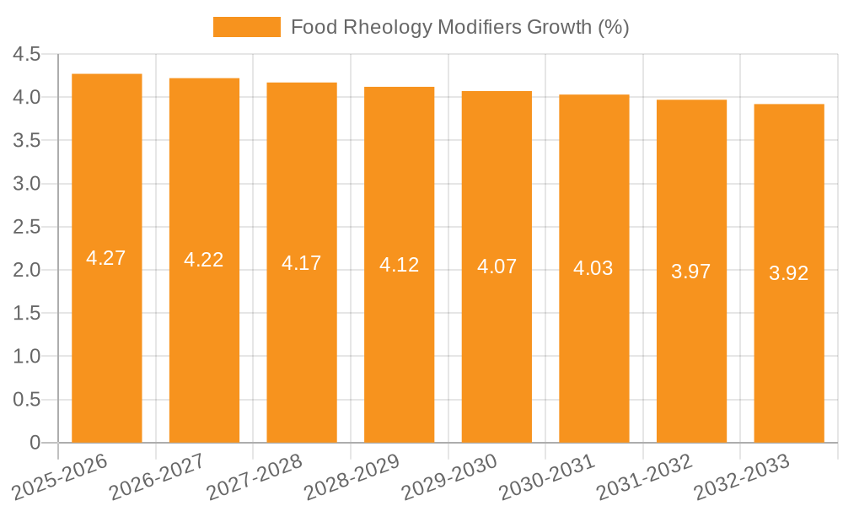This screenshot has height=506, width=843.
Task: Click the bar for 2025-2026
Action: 106,337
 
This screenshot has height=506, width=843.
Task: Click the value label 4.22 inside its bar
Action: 204,260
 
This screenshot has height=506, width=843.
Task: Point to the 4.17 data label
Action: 302,263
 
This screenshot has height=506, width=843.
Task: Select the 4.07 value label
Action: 497,267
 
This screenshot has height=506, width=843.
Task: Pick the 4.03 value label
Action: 593,269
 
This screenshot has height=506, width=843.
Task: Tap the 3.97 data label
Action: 691,272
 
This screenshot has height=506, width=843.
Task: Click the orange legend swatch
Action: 246,27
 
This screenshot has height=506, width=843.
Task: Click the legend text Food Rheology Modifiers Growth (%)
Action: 459,27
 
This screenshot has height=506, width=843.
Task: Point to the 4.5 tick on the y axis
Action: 26,55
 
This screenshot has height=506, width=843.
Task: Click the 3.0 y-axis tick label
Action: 26,184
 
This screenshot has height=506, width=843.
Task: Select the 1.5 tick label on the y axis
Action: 26,314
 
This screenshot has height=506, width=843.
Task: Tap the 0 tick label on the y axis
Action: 35,443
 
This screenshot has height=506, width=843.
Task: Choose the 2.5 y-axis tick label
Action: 26,227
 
